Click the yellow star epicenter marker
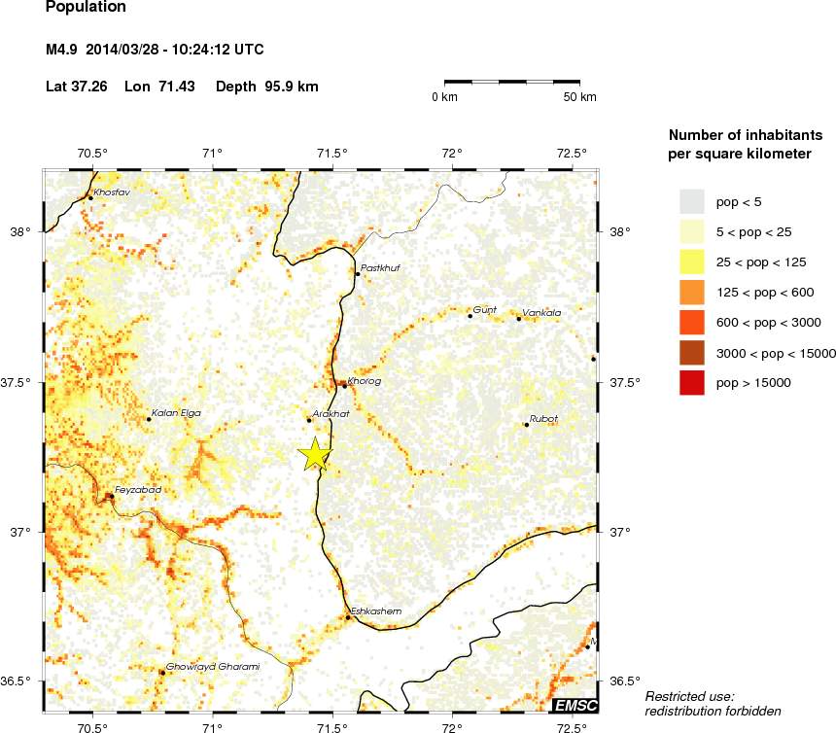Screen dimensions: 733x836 [314, 455]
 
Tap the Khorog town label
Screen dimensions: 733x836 [364, 381]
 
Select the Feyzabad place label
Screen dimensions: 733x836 [137, 489]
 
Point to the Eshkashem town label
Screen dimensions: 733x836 [375, 611]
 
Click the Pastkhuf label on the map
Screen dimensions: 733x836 [380, 267]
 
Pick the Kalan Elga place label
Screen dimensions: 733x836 [176, 413]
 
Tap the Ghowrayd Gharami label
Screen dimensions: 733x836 [213, 666]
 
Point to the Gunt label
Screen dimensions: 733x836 [484, 309]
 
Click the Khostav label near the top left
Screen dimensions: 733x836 [112, 192]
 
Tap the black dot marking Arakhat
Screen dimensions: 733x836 [309, 420]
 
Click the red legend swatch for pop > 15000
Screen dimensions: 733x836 [691, 383]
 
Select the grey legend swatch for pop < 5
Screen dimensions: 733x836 [691, 201]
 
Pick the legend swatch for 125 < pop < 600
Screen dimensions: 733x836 [691, 292]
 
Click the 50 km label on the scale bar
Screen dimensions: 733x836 [580, 97]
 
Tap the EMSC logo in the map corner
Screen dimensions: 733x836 [575, 705]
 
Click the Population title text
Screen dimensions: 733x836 [86, 7]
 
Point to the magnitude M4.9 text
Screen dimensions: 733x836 [64, 50]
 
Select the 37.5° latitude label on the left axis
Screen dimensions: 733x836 [21, 382]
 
